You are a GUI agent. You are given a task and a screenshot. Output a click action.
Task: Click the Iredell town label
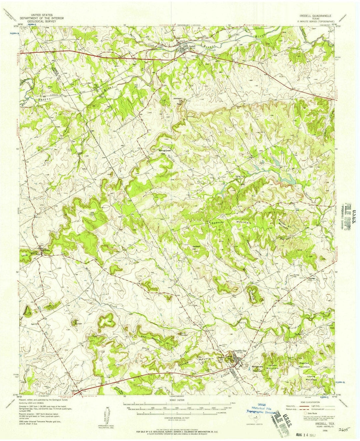pyautogui.click(x=192, y=46)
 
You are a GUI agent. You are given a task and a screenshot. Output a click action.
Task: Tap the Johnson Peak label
pyautogui.click(x=177, y=100)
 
